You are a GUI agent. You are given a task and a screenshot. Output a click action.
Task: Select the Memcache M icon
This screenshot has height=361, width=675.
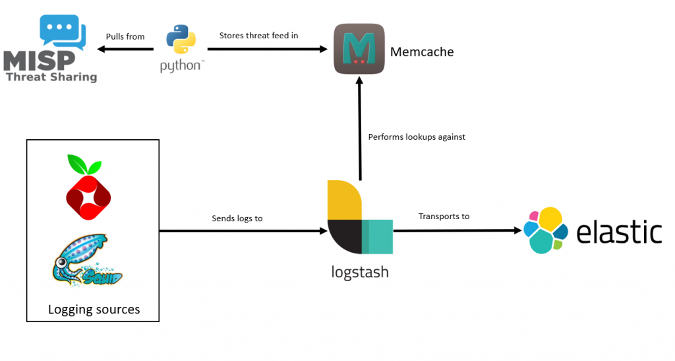pyautogui.click(x=359, y=49)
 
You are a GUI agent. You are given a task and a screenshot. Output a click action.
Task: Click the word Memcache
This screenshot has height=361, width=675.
pyautogui.click(x=422, y=51)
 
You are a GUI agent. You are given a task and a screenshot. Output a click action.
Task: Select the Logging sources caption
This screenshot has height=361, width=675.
pyautogui.click(x=94, y=310)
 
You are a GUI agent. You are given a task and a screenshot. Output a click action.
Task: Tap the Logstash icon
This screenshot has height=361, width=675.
pyautogui.click(x=359, y=217)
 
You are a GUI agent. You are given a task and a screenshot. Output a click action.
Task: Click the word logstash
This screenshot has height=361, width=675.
pyautogui.click(x=359, y=271)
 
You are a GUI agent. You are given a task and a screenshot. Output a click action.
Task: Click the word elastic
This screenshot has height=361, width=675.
pyautogui.click(x=619, y=232)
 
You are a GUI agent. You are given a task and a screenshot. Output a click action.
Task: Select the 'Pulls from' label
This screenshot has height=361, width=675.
pyautogui.click(x=125, y=36)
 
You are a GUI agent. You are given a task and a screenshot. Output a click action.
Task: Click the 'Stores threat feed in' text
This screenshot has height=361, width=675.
pyautogui.click(x=258, y=35)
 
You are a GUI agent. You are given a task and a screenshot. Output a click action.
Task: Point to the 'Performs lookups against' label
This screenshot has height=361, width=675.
pyautogui.click(x=417, y=137)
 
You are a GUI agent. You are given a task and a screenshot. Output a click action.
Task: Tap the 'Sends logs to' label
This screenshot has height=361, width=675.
pyautogui.click(x=237, y=218)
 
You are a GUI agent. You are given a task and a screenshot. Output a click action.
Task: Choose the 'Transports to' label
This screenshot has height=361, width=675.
pyautogui.click(x=444, y=216)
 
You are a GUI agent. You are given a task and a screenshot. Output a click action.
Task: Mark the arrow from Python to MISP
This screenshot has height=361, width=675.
pyautogui.click(x=125, y=49)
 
